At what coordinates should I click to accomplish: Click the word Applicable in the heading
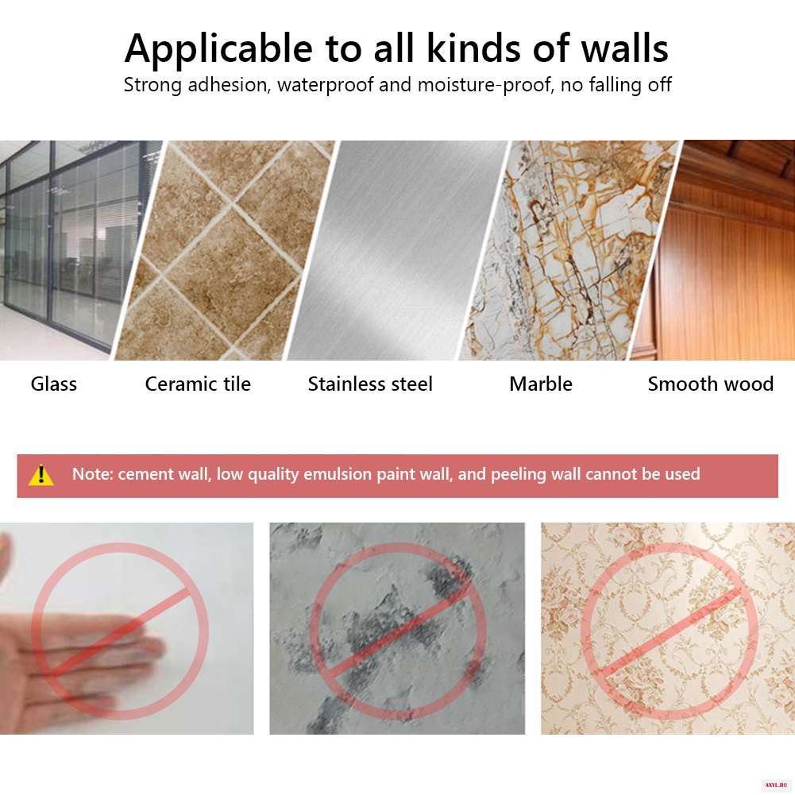click(218, 50)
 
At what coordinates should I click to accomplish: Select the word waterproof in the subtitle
click(325, 85)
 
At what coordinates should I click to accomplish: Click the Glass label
click(54, 384)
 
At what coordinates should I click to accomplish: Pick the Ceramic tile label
click(198, 384)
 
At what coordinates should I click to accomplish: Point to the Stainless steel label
click(370, 384)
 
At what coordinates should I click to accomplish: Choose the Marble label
click(541, 384)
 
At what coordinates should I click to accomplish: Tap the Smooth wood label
click(710, 384)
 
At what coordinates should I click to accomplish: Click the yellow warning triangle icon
click(41, 476)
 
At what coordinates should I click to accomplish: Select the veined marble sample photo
click(568, 250)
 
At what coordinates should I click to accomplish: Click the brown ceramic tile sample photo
click(225, 250)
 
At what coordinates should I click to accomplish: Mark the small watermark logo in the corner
click(776, 785)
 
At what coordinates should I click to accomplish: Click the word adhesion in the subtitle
click(227, 85)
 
